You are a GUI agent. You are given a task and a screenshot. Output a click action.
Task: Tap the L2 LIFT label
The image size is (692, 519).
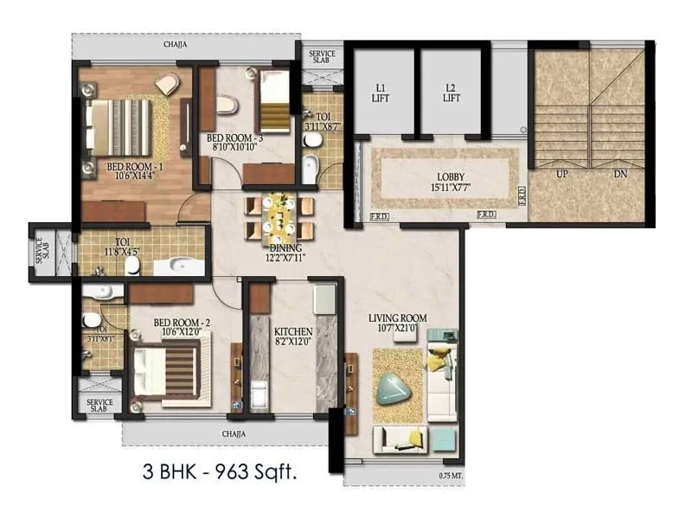450,93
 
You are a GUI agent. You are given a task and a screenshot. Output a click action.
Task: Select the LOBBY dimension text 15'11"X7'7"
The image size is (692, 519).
445,188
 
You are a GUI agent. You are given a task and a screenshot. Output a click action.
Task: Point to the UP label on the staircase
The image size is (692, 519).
561,174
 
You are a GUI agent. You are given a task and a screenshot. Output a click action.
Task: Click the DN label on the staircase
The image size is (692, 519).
619,174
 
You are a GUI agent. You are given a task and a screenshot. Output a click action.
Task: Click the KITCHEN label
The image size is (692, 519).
293,331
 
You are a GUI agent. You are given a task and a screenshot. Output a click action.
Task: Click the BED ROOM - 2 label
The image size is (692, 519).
182,323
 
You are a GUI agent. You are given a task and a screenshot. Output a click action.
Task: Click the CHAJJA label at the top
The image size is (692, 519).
175,44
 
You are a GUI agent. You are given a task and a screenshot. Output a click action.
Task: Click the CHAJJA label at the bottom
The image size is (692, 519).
234,432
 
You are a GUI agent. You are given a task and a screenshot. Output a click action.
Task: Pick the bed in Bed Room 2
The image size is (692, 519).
170,369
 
